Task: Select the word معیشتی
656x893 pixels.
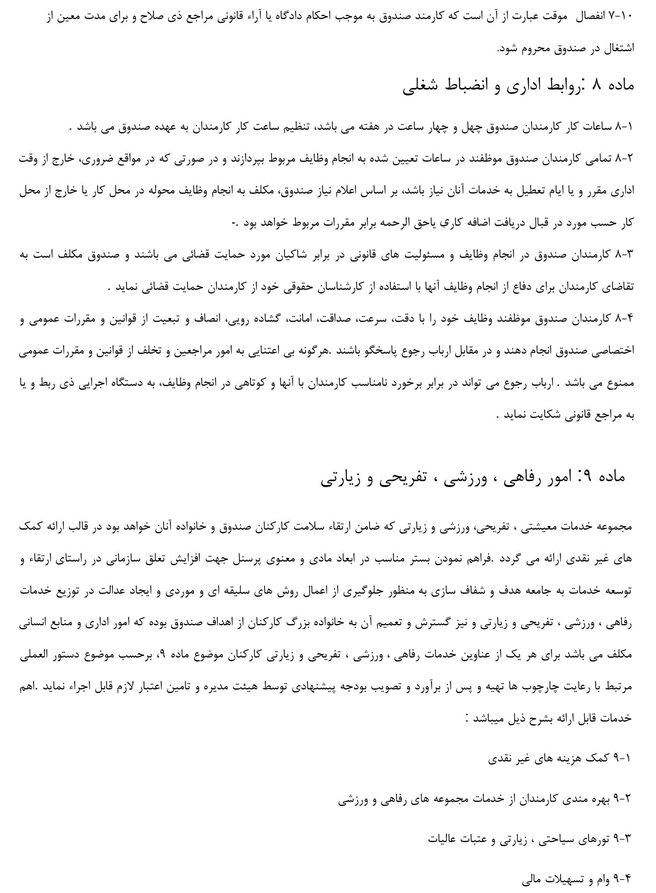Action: [539, 528]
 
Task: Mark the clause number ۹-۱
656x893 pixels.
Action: [623, 758]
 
